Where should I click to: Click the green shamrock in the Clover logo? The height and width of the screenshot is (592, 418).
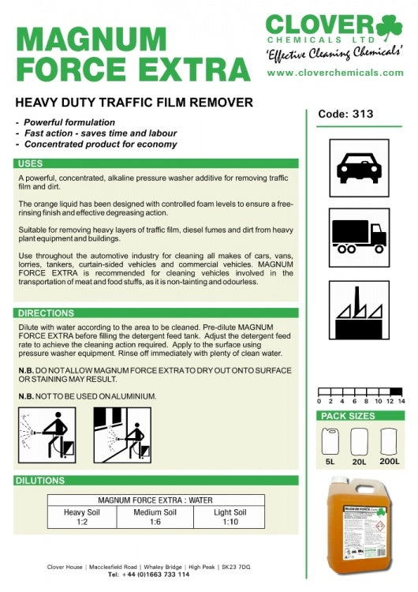[x=389, y=27]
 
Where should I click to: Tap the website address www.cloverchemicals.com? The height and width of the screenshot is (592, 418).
[x=335, y=73]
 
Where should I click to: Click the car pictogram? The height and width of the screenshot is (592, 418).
[x=359, y=167]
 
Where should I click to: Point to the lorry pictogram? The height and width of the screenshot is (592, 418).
[x=359, y=238]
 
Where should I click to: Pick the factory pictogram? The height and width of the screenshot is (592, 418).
[x=359, y=310]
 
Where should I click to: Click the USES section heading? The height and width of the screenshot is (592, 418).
[x=31, y=163]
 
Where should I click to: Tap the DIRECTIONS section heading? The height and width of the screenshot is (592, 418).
[x=46, y=313]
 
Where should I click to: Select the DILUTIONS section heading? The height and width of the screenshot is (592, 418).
[x=40, y=481]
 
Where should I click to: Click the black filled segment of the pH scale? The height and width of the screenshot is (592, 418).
[x=396, y=392]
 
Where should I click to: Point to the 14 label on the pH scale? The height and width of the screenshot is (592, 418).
[x=401, y=401]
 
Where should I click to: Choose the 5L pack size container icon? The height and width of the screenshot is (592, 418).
[x=330, y=441]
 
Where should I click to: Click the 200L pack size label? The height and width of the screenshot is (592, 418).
[x=390, y=462]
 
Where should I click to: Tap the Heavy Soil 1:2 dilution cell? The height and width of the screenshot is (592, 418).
[x=82, y=517]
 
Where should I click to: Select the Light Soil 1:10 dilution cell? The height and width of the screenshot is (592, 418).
[x=230, y=517]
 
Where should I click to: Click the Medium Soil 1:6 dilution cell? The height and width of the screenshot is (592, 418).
[x=155, y=517]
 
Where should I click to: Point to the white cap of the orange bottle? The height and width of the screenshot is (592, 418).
[x=340, y=481]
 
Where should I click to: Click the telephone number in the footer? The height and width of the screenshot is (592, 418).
[x=148, y=575]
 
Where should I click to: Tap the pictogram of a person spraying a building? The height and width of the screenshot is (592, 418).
[x=122, y=435]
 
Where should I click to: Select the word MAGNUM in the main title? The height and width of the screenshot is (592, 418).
[x=91, y=39]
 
